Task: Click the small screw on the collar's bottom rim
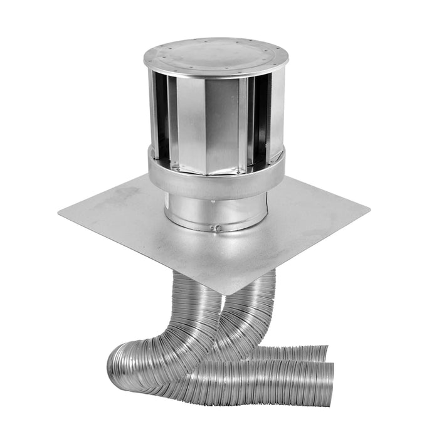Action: [215, 228]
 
